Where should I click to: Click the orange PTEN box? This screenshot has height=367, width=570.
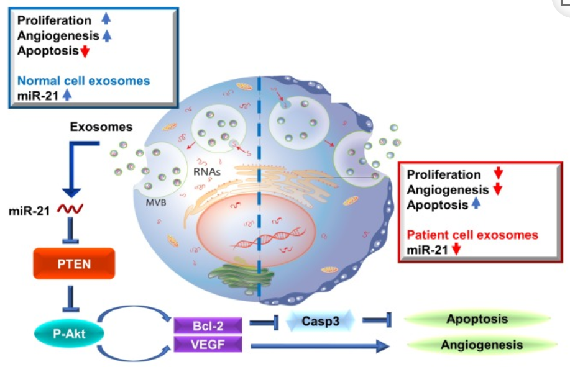click(73, 264)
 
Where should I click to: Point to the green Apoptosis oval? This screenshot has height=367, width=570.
click(477, 319)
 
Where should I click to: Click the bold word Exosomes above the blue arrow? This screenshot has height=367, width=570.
click(101, 127)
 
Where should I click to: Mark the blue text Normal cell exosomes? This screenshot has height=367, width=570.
click(83, 81)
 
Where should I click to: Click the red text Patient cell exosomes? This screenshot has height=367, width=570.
click(472, 235)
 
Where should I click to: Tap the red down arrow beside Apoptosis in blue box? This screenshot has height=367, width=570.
click(85, 51)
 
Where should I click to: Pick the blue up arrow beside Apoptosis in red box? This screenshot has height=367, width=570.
click(476, 204)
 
